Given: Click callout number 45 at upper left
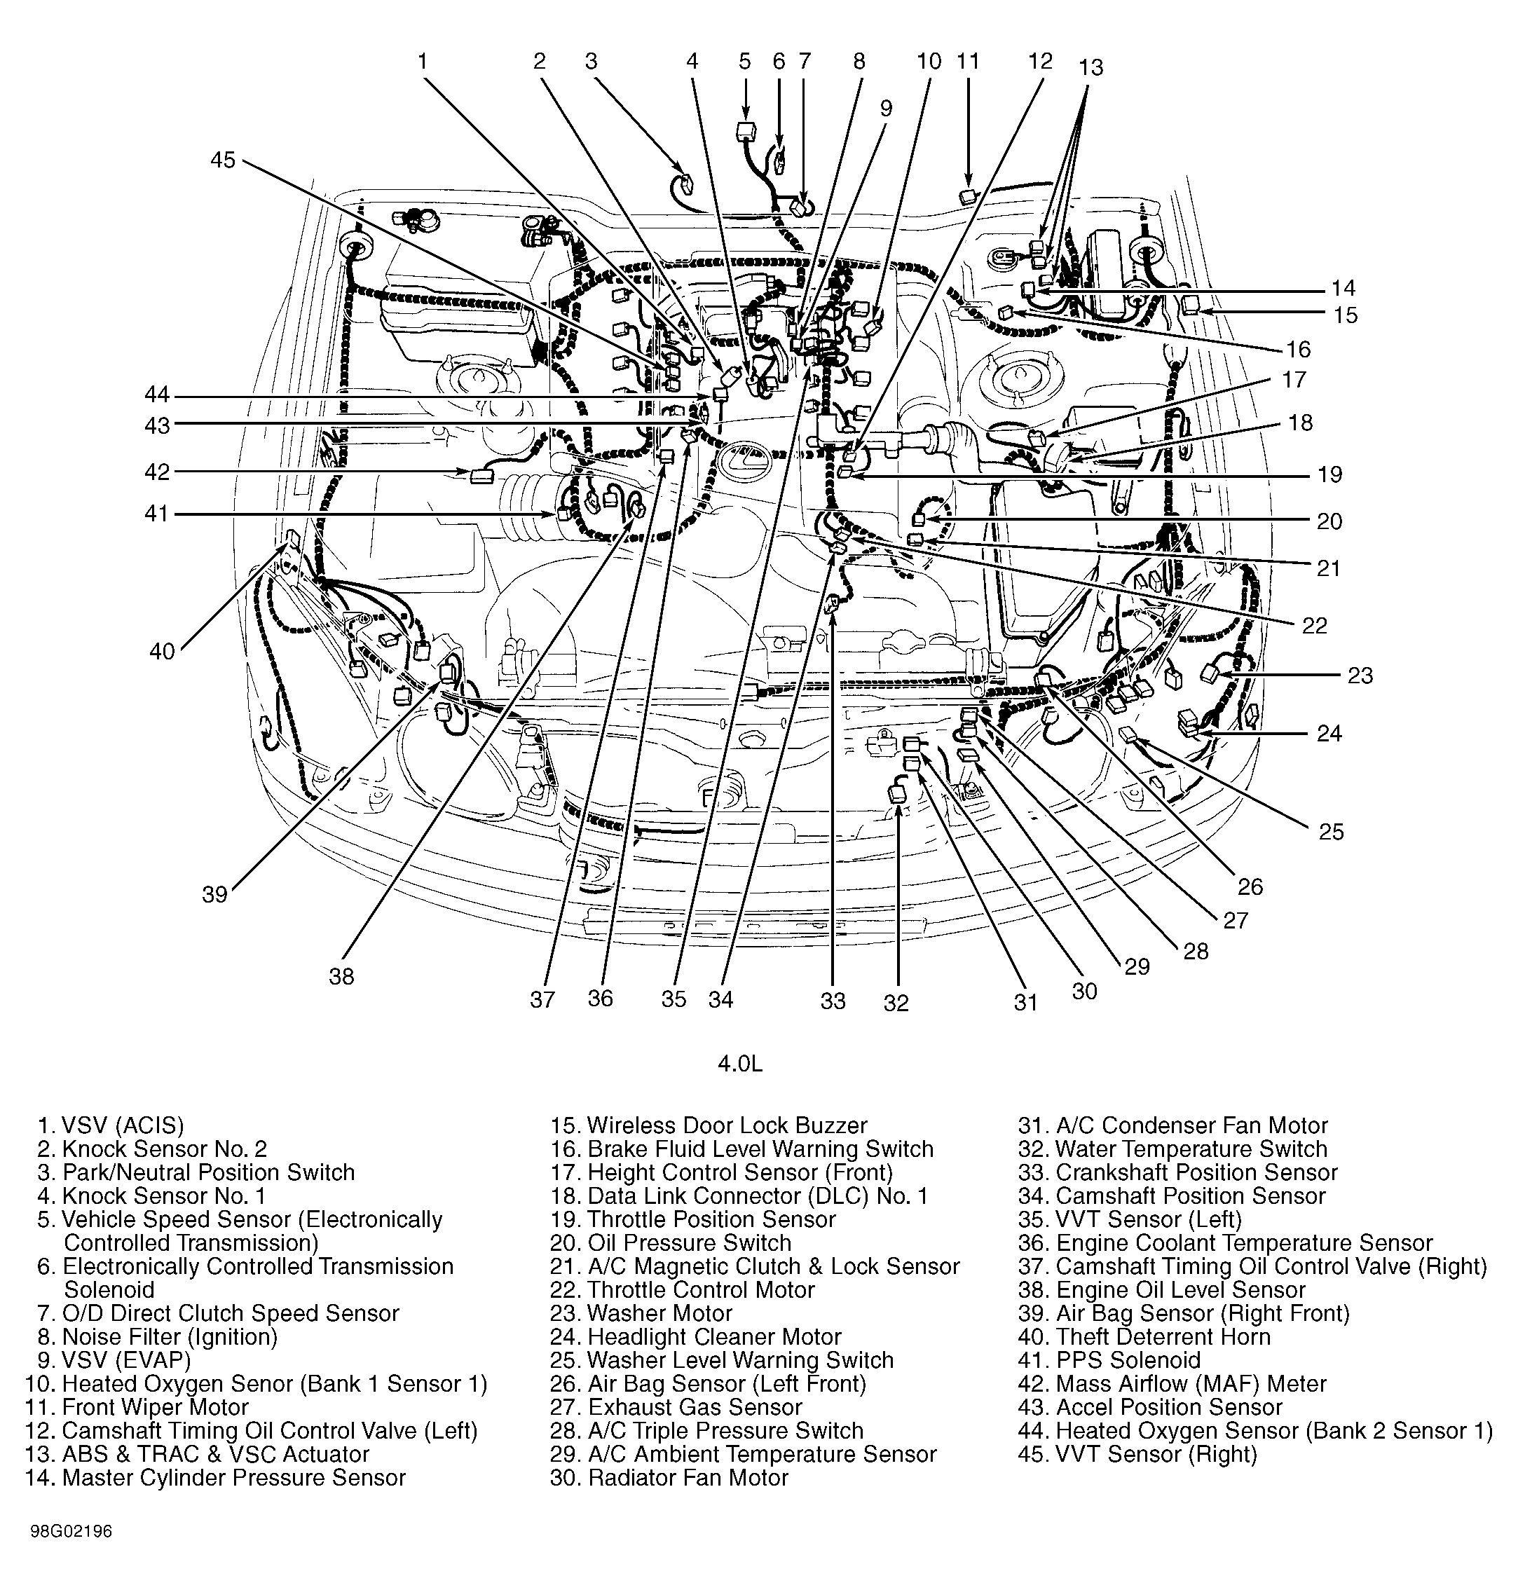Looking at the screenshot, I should click(x=223, y=160).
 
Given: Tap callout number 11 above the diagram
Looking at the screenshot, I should click(x=968, y=62).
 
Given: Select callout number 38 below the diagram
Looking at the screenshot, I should click(x=341, y=977).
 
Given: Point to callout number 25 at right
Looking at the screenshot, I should click(x=1331, y=832).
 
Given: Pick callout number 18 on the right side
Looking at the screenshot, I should click(x=1300, y=423).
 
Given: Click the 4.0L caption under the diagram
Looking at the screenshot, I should click(x=740, y=1063).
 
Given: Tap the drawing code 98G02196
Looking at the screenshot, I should click(x=71, y=1532).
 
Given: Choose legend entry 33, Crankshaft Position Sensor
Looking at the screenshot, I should click(x=1177, y=1172).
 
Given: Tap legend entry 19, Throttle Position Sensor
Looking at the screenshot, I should click(x=692, y=1219).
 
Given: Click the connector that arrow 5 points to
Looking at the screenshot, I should click(x=745, y=132).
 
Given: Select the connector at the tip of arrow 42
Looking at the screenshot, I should click(x=481, y=475).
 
